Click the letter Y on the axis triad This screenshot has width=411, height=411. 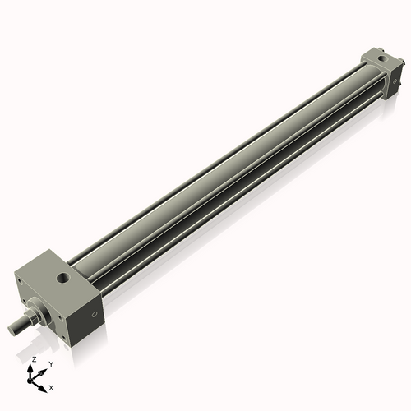tap(51, 363)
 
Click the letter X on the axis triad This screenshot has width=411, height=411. tap(52, 386)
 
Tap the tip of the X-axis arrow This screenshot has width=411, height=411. tap(45, 384)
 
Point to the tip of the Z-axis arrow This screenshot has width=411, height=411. tap(33, 367)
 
